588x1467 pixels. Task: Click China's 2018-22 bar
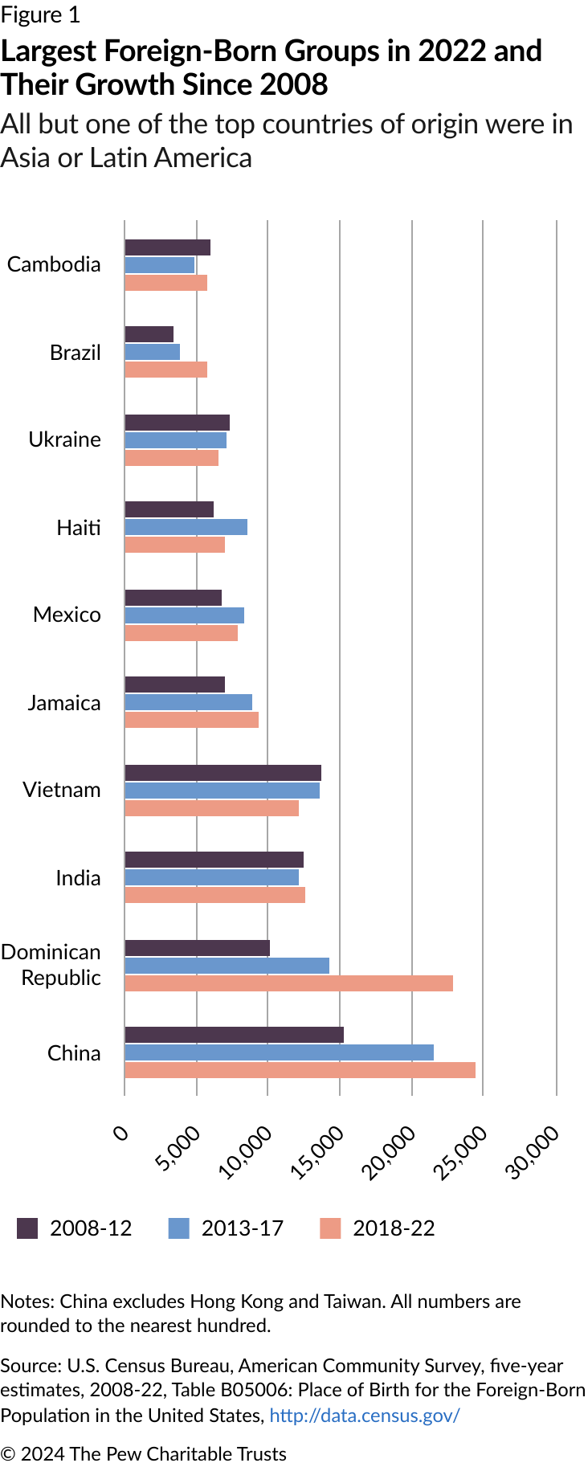pyautogui.click(x=300, y=1070)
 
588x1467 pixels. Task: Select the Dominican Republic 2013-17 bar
pyautogui.click(x=227, y=966)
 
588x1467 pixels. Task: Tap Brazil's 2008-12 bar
pyautogui.click(x=149, y=334)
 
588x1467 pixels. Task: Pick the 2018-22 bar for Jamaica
pyautogui.click(x=191, y=720)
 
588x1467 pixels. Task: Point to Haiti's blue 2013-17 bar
pyautogui.click(x=186, y=527)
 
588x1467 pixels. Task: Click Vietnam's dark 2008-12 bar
pyautogui.click(x=223, y=773)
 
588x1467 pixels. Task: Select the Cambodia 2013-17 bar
pyautogui.click(x=159, y=265)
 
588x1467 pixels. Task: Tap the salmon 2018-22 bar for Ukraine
pyautogui.click(x=171, y=458)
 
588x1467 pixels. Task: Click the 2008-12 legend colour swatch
pyautogui.click(x=27, y=1228)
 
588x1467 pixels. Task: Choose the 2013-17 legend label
pyautogui.click(x=242, y=1228)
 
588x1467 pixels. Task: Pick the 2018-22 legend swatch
pyautogui.click(x=330, y=1228)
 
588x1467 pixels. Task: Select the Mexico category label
pyautogui.click(x=67, y=615)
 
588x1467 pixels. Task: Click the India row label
pyautogui.click(x=78, y=878)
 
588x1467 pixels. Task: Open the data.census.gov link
pyautogui.click(x=365, y=1415)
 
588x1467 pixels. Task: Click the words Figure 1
pyautogui.click(x=40, y=15)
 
